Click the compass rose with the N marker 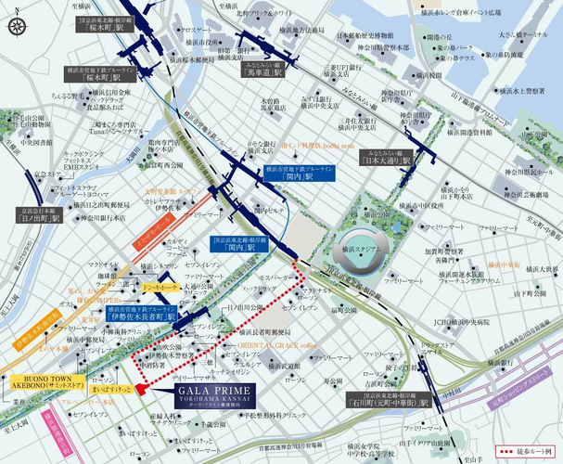17,26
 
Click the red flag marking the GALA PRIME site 139,389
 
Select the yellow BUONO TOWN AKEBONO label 44,384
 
